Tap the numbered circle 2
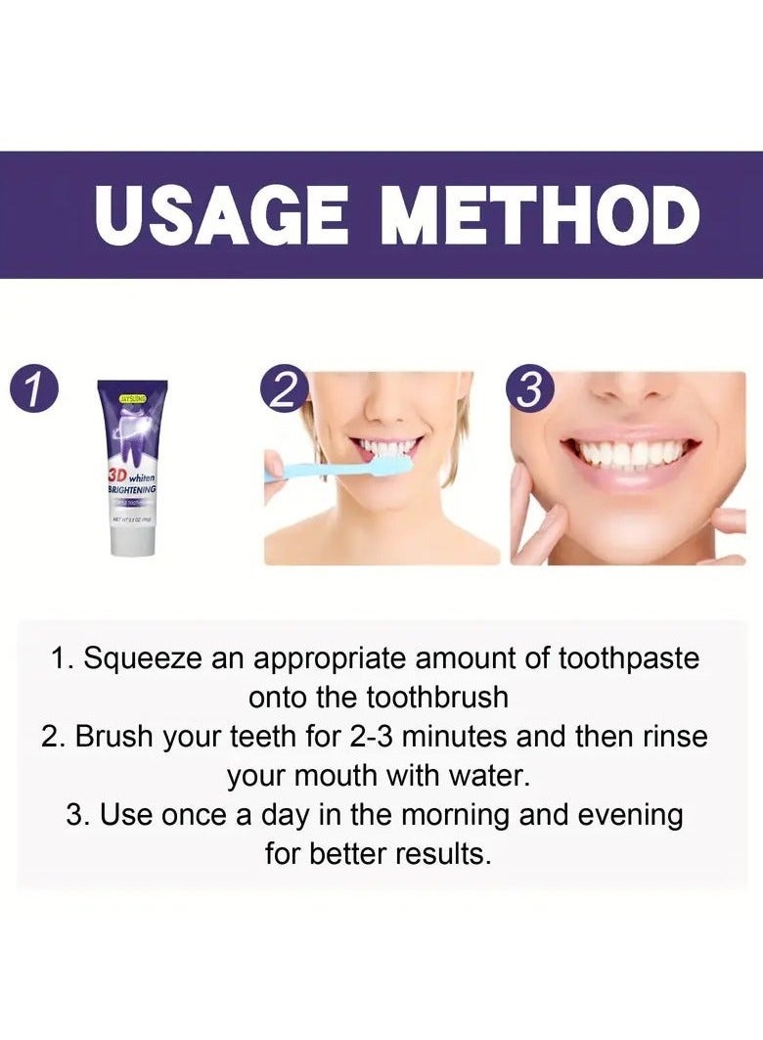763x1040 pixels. [x=283, y=391]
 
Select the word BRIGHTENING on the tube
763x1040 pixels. [x=133, y=487]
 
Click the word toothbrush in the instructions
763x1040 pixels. [x=437, y=698]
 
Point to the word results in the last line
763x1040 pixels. [x=443, y=854]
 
